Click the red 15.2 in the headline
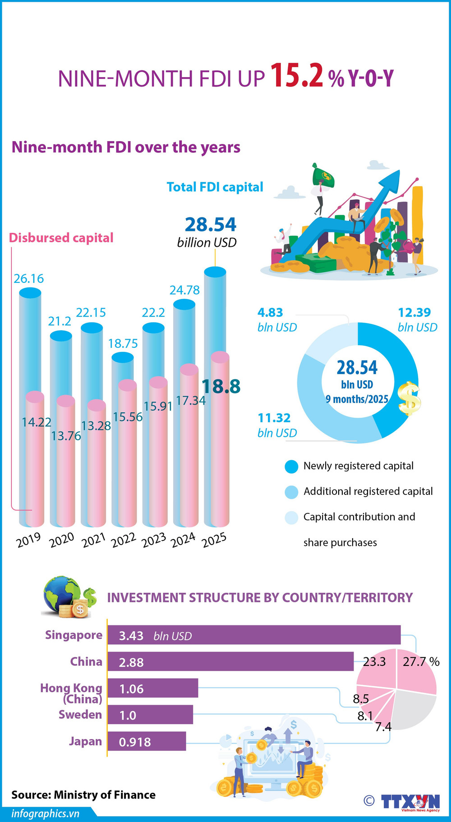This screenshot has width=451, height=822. (x=297, y=76)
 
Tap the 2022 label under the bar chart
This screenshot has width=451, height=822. (x=123, y=540)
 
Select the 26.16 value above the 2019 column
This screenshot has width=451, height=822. (x=29, y=279)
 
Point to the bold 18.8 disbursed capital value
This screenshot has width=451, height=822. (x=221, y=387)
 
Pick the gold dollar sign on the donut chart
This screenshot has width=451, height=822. (x=410, y=398)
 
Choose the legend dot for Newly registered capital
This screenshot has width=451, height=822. (x=292, y=466)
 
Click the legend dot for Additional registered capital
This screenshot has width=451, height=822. (x=292, y=492)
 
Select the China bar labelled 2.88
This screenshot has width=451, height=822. (x=230, y=662)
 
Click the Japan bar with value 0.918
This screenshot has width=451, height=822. (x=147, y=742)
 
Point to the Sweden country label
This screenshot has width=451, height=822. (x=80, y=715)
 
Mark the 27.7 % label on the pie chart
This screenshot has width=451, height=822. (x=420, y=662)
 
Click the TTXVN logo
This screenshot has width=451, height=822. (x=410, y=802)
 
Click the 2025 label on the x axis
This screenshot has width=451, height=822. (x=214, y=540)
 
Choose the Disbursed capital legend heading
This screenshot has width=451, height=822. (x=61, y=238)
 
